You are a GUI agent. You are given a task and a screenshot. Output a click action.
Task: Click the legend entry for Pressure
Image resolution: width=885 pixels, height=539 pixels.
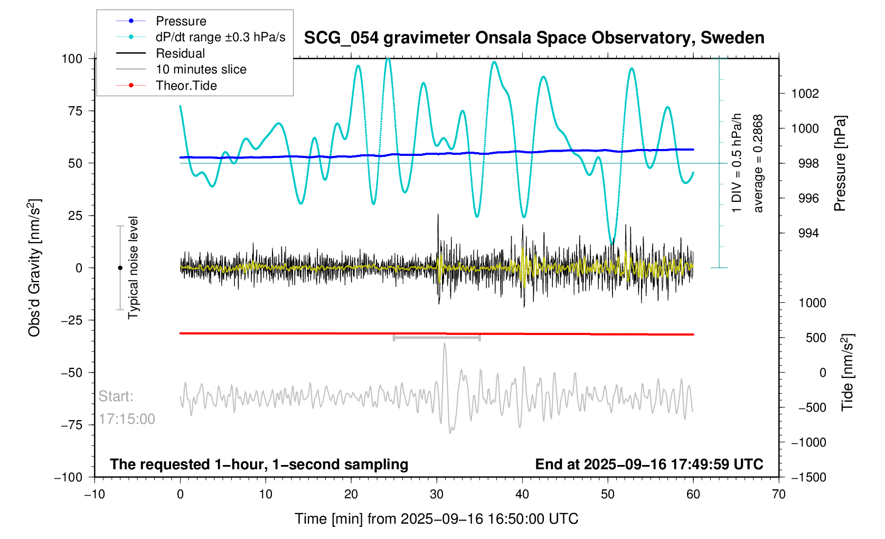tap(181, 21)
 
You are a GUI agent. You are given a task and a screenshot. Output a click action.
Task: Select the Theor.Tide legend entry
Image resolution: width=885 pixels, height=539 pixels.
tap(186, 86)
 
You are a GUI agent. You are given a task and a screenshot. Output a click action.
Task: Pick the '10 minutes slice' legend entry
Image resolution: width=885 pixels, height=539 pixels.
tap(201, 69)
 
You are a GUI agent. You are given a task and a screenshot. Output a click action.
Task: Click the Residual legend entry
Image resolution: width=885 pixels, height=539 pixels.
tap(180, 53)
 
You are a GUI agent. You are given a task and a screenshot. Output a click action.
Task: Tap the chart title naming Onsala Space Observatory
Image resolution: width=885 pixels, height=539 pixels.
tap(534, 38)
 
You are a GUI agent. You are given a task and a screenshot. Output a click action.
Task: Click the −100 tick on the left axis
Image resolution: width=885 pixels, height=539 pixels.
tap(69, 477)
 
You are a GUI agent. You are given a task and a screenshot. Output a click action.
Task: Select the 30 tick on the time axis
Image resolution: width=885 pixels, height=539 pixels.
tap(437, 494)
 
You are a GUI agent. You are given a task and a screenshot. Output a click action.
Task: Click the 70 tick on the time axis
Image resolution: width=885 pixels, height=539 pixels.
tap(778, 494)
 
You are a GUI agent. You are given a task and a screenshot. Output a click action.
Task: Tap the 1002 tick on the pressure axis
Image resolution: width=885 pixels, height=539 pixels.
tap(805, 94)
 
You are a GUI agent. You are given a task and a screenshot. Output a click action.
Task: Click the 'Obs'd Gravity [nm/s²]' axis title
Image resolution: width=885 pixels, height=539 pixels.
tap(34, 268)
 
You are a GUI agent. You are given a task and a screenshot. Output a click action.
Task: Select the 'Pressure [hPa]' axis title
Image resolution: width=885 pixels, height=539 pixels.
tap(840, 163)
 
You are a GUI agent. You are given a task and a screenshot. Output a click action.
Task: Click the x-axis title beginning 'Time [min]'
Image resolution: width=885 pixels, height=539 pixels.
tap(436, 519)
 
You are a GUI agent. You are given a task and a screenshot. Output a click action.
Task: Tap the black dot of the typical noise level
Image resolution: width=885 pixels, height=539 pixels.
tap(120, 268)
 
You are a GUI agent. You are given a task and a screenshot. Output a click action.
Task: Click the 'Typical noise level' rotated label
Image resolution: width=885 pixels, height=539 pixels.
tap(133, 268)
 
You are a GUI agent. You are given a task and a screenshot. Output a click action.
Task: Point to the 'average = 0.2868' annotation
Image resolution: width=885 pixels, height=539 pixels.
tap(758, 163)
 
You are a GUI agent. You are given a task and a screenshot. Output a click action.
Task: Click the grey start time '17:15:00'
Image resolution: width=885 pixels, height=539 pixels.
tap(127, 419)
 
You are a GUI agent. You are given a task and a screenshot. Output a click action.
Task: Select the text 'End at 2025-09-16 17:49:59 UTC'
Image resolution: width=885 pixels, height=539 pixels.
tap(649, 464)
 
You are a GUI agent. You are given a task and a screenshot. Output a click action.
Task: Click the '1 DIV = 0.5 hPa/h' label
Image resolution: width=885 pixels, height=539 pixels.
tap(737, 163)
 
